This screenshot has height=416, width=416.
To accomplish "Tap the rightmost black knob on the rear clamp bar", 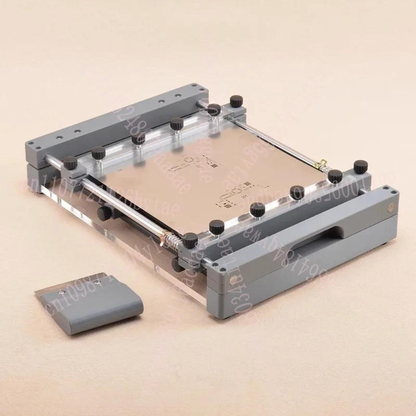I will click(x=237, y=99).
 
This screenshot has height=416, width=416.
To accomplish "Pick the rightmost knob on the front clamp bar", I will click(x=359, y=165).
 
